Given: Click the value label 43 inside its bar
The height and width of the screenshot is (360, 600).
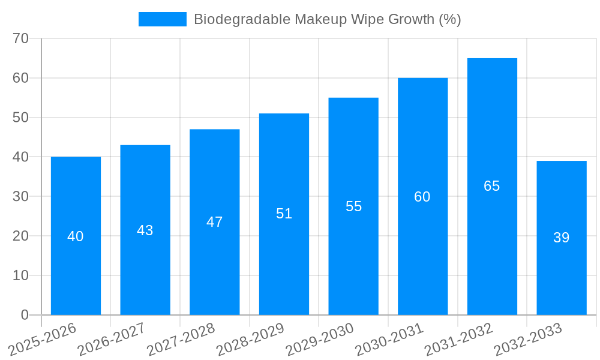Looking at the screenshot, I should (x=145, y=230).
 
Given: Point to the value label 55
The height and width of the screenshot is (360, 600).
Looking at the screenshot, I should (x=353, y=206).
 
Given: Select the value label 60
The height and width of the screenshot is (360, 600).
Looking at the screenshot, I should (x=422, y=197).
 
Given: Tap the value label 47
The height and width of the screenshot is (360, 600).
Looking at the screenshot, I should (x=215, y=222).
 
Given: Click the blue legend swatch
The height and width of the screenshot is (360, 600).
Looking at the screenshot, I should (x=162, y=19).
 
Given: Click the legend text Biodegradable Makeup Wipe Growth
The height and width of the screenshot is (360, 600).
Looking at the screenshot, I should (x=327, y=19).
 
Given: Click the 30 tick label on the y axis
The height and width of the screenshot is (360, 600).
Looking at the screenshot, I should (x=21, y=196).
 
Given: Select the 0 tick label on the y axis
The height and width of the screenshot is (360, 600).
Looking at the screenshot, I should (x=25, y=315).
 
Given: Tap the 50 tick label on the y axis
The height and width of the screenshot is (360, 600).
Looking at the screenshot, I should (x=21, y=118).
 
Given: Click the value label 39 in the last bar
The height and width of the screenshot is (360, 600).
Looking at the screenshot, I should (x=562, y=238).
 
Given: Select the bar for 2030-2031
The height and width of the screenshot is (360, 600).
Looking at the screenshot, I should (x=422, y=258).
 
